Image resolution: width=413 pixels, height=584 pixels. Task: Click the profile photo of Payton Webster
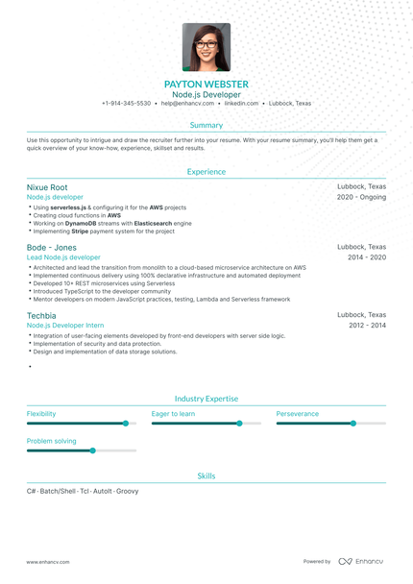pos(206,48)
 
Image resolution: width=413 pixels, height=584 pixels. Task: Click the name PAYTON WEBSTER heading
pos(206,85)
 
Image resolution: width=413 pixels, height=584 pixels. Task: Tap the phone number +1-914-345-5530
pos(126,103)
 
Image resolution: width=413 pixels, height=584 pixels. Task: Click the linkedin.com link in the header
pos(241,103)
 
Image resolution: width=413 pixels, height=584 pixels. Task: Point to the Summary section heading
pos(206,125)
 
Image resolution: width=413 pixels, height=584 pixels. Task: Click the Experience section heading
pos(206,172)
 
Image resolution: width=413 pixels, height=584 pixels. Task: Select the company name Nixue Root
pos(47,187)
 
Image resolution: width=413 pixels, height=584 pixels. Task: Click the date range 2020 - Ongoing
pos(361,197)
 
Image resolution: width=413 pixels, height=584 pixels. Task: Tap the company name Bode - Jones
pos(52,247)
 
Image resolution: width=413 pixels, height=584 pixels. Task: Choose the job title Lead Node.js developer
pos(63,257)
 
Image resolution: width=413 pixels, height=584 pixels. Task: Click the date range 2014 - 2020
pos(367,257)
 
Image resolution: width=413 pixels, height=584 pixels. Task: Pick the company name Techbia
pos(41,315)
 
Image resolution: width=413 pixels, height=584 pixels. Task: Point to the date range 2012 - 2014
pos(367,326)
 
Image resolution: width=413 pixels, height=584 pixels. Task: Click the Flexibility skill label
pos(41,414)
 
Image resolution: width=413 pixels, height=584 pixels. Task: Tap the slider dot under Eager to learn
pos(239,423)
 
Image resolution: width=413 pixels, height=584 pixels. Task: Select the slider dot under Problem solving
pos(92,450)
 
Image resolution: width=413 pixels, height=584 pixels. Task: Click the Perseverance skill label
pos(297,414)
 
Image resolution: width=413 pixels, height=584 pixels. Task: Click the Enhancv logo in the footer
pos(360,561)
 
